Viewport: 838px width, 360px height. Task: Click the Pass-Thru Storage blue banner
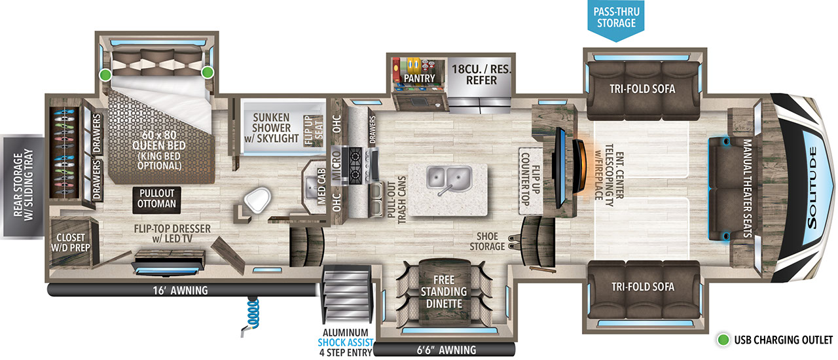[x=615, y=18]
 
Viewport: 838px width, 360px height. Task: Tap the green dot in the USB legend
[x=723, y=340]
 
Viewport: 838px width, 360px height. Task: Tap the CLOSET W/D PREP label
[x=71, y=242]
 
